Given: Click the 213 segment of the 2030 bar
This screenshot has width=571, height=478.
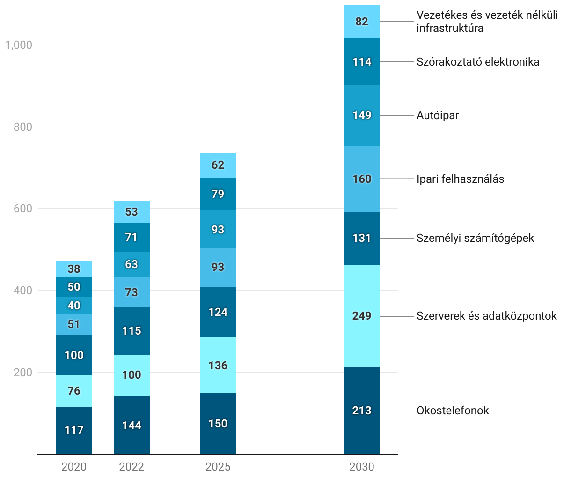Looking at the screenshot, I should tap(362, 411).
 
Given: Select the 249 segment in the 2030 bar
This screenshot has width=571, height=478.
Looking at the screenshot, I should tap(362, 316).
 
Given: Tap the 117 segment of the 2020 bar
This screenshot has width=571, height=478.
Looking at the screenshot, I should tap(74, 430).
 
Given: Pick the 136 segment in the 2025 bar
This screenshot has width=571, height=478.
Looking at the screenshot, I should tap(218, 365).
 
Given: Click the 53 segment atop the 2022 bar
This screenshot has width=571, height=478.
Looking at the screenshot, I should tap(132, 212).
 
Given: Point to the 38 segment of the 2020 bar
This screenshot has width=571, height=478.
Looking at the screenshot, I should tap(74, 269).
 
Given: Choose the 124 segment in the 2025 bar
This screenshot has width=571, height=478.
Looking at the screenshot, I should tap(218, 312).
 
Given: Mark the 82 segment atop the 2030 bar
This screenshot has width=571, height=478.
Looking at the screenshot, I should tap(362, 22).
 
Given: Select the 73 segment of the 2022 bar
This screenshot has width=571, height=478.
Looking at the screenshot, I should tap(132, 292).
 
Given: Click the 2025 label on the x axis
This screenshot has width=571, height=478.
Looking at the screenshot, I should tap(218, 467).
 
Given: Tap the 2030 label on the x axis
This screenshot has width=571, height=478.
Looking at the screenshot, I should tap(362, 467).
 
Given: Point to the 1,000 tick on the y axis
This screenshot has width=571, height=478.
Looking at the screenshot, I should tap(19, 45).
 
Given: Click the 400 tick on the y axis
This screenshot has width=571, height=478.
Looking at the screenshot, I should tap(22, 291).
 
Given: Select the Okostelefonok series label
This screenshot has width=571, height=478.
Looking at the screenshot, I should tap(453, 411).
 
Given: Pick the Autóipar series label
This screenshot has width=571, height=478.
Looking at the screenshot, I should tap(438, 115).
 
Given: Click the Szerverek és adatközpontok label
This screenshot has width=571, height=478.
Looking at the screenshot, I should tap(486, 316).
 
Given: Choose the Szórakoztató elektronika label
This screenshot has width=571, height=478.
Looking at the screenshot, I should tap(478, 62).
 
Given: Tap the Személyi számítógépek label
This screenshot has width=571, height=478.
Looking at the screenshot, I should tap(475, 238).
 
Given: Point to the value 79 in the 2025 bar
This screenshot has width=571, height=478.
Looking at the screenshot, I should tap(218, 194).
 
